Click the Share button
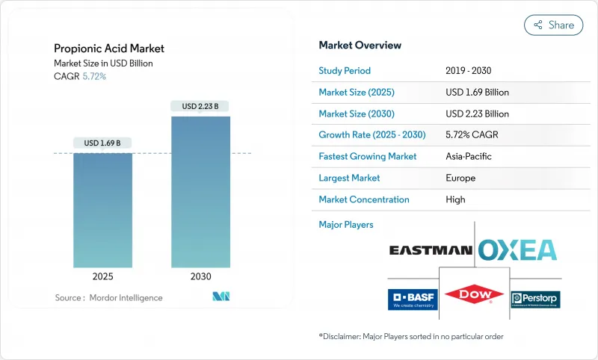[x=553, y=25]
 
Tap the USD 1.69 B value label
[x=102, y=143]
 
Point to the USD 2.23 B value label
[x=200, y=106]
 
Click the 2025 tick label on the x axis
[x=102, y=276]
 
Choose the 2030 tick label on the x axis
[x=200, y=276]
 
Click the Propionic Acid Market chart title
[x=109, y=49]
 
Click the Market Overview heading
[x=360, y=46]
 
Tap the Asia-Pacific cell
[x=468, y=157]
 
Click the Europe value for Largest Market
[x=460, y=179]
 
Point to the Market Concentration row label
[x=364, y=199]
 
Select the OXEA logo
[x=517, y=249]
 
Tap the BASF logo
[x=411, y=299]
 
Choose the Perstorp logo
[x=534, y=300]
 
